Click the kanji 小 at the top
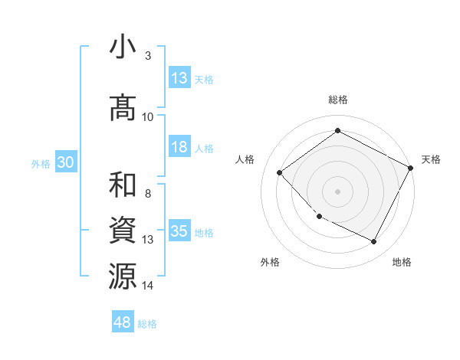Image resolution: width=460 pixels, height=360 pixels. click(123, 47)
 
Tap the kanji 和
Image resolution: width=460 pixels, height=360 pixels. click(123, 186)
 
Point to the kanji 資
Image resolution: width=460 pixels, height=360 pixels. click(123, 231)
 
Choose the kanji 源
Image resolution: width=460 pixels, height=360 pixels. click(123, 276)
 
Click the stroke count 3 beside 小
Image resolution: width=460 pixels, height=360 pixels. click(147, 56)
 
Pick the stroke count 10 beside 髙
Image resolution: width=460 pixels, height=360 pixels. click(148, 116)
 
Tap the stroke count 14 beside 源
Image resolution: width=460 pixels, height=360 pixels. click(148, 286)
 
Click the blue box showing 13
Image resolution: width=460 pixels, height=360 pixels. click(179, 78)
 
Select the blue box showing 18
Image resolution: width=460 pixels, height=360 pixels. click(179, 147)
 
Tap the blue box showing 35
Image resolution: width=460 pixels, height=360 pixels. click(179, 231)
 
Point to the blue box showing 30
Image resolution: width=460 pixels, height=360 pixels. click(65, 163)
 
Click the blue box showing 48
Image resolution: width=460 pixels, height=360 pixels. click(123, 322)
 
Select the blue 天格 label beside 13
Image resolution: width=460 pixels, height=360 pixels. click(204, 79)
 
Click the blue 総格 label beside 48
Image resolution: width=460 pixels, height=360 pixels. click(147, 324)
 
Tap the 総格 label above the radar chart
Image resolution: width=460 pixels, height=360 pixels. click(337, 100)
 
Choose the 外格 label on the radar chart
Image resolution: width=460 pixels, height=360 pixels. click(270, 262)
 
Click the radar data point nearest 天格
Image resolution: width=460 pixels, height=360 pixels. click(412, 168)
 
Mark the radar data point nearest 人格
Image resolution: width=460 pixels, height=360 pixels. click(280, 173)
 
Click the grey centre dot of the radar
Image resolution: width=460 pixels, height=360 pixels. click(337, 191)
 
